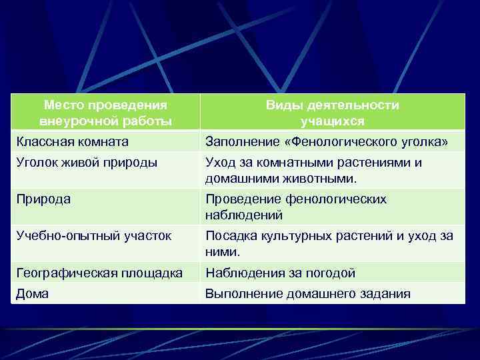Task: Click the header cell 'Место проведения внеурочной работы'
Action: (x=105, y=113)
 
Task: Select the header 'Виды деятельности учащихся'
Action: (x=332, y=113)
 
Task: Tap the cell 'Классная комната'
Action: (x=73, y=142)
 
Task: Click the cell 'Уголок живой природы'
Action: (x=87, y=163)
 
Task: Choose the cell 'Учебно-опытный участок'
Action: (x=94, y=235)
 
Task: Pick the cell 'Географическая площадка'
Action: (x=100, y=272)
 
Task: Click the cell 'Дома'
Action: (x=33, y=293)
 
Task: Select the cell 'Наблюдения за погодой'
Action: (x=280, y=272)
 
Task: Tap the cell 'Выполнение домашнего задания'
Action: (x=307, y=293)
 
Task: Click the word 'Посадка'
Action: (x=229, y=235)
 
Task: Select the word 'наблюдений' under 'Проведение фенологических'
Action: (x=243, y=215)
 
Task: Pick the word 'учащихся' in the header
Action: (x=332, y=121)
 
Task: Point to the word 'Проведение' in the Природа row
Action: (x=243, y=199)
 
